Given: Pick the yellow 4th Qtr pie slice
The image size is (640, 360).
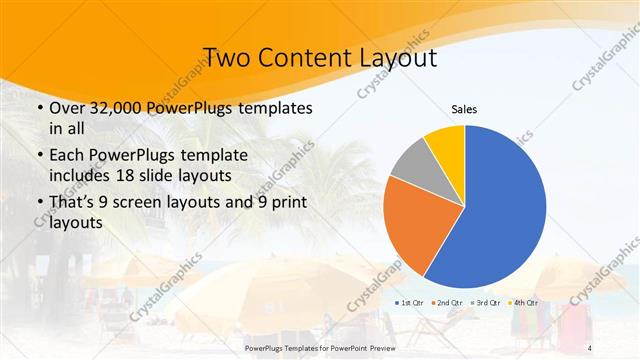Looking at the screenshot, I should [x=446, y=144].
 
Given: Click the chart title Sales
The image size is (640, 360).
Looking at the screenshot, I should [x=465, y=108].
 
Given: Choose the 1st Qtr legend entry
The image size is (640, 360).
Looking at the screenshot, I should [x=413, y=302].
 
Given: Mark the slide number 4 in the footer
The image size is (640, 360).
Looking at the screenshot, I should [x=587, y=346].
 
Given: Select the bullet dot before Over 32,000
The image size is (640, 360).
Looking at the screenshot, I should [x=38, y=108].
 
